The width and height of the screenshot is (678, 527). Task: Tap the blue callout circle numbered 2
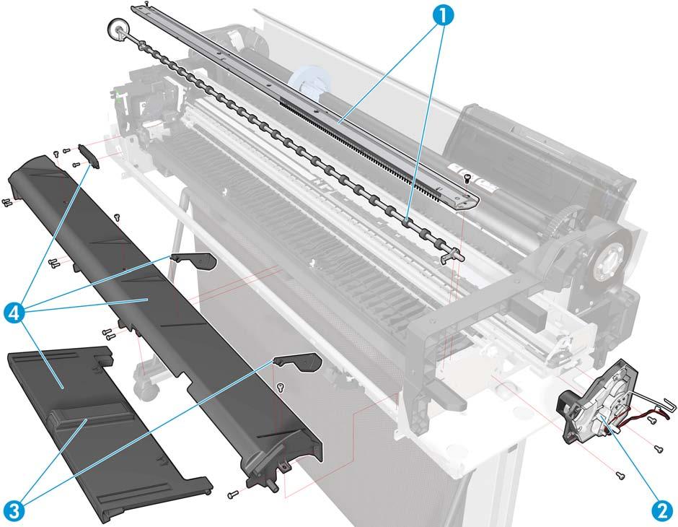[x=662, y=511]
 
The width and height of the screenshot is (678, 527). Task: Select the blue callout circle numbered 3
[x=14, y=511]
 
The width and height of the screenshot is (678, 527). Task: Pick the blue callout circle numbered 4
[x=14, y=313]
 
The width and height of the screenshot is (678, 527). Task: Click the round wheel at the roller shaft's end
[x=116, y=30]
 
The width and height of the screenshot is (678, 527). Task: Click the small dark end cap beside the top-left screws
[x=89, y=157]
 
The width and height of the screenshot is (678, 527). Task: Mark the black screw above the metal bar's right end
[x=467, y=178]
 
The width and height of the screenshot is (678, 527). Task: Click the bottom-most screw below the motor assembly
[x=620, y=476]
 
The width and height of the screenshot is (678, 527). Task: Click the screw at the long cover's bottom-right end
[x=233, y=493]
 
